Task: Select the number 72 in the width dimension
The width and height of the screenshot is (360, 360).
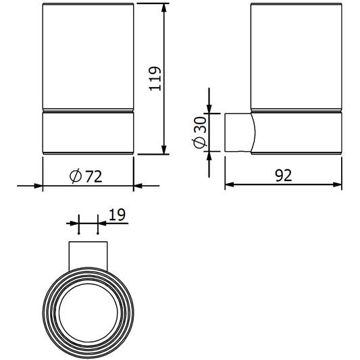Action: pyautogui.click(x=94, y=176)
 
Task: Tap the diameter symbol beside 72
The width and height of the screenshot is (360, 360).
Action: pyautogui.click(x=76, y=176)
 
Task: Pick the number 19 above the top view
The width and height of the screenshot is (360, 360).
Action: pyautogui.click(x=116, y=215)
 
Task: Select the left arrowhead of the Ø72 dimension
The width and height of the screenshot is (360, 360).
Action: pyautogui.click(x=37, y=185)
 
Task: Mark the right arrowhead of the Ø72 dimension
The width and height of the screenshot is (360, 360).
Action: pyautogui.click(x=139, y=185)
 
